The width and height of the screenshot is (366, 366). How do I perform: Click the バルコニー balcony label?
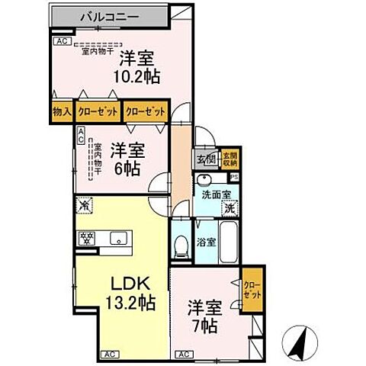point(107,14)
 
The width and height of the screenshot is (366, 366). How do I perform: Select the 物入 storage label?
point(62,112)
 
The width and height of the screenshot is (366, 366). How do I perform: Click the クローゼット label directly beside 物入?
point(98,112)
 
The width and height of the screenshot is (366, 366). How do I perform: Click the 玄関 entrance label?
point(207,159)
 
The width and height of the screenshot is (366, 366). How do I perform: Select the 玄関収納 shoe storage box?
point(230,159)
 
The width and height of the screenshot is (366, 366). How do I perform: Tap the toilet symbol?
point(181,244)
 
